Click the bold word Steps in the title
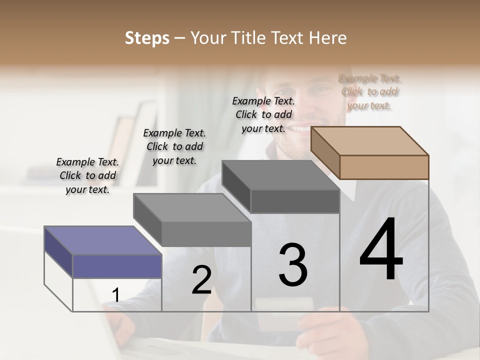click(x=147, y=38)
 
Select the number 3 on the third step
click(x=293, y=265)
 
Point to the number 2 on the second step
click(x=201, y=280)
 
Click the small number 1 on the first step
click(x=115, y=295)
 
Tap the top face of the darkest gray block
click(x=280, y=175)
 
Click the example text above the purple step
click(x=87, y=175)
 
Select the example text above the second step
click(x=174, y=146)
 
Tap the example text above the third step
click(x=263, y=114)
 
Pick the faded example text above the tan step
click(x=369, y=91)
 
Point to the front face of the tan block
click(x=384, y=167)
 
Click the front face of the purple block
click(x=117, y=266)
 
